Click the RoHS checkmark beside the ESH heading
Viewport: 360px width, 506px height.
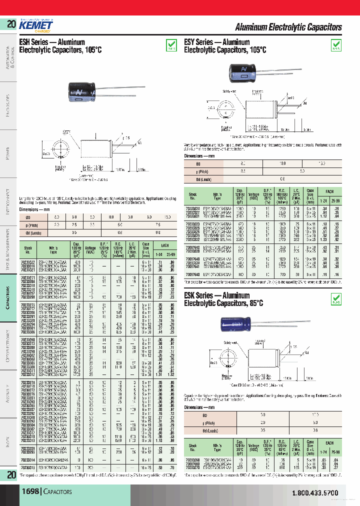[x=170, y=45]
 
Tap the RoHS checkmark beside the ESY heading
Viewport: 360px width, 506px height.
[x=336, y=45]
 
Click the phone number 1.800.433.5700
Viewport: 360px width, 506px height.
[x=314, y=493]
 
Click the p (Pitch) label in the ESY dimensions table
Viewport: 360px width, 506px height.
[x=196, y=171]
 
